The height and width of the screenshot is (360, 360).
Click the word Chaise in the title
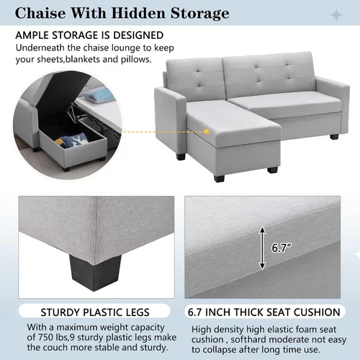tap(40, 13)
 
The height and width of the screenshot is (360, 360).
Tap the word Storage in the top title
tap(200, 14)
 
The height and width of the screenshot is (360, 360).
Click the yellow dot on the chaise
tap(207, 132)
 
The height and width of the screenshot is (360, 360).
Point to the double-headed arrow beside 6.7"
tap(262, 248)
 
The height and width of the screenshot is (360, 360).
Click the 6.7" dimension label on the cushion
tap(282, 248)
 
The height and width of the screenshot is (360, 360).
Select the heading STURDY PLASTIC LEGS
tap(95, 312)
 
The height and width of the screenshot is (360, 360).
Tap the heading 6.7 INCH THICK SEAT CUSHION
tap(264, 312)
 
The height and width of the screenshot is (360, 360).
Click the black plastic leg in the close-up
tap(95, 272)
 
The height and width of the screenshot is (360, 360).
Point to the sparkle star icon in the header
tap(336, 15)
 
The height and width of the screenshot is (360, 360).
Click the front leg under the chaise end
tap(220, 178)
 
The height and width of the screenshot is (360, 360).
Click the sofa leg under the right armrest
tap(334, 137)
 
